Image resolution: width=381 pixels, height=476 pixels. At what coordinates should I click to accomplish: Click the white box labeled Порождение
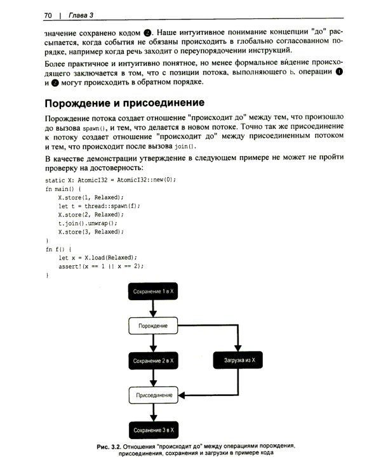153,326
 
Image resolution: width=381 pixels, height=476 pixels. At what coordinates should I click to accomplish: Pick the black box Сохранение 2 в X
153,360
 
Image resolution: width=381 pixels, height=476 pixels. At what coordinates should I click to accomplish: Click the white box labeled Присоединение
153,395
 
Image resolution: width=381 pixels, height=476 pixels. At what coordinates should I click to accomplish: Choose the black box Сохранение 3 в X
153,430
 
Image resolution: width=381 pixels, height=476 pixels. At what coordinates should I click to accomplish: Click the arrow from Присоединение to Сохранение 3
153,413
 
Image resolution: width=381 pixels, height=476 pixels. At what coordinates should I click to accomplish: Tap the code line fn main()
63,188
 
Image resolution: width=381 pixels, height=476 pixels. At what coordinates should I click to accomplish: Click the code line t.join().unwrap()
88,223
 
